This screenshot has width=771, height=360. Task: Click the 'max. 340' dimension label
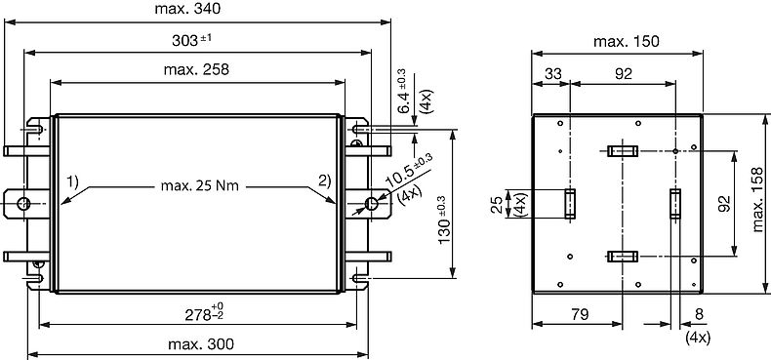pos(187,9)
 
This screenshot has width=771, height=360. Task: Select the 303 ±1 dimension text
pos(191,40)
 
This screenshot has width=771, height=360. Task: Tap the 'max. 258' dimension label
pos(196,70)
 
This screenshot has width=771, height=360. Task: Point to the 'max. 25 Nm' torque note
pos(200,186)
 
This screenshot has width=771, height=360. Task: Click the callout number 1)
pos(73,182)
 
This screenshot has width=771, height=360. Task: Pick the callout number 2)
pos(325,181)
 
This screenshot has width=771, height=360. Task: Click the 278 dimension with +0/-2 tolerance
pos(204,313)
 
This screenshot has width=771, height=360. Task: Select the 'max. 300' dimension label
pos(201,344)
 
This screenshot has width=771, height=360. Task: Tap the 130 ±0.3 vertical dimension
pos(443,220)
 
